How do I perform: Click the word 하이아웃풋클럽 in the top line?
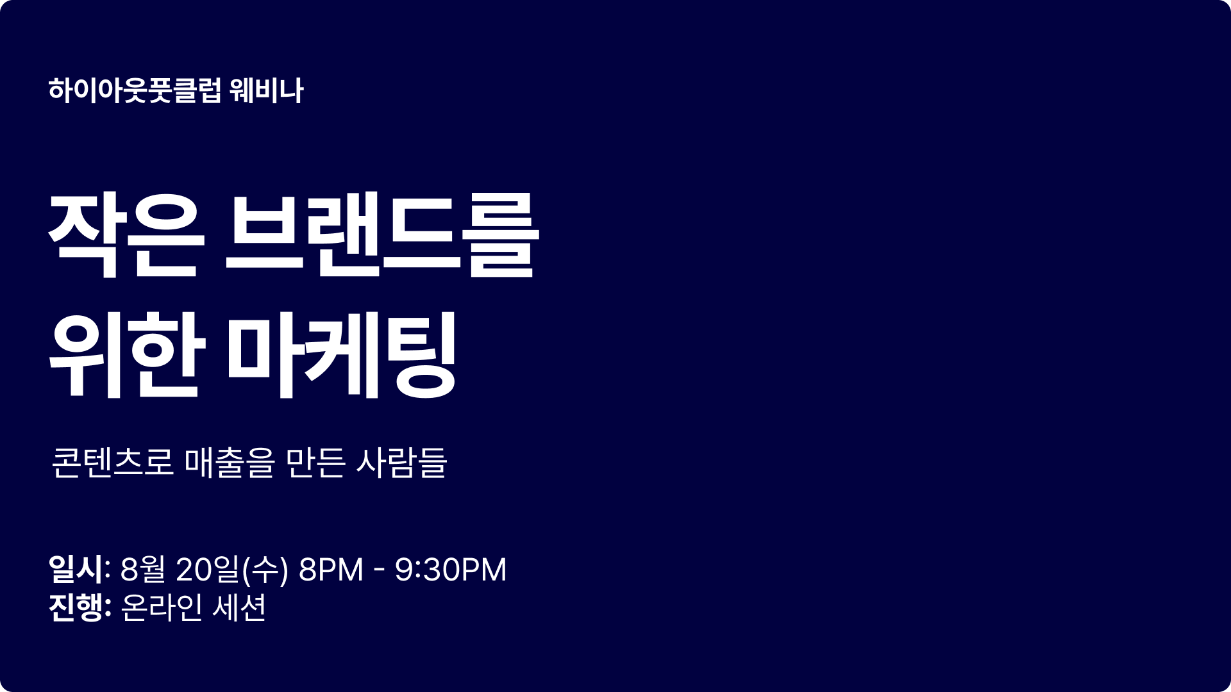click(x=135, y=90)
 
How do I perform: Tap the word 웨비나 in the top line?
click(x=266, y=90)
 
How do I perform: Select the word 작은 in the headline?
click(x=126, y=235)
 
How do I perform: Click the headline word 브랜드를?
click(x=382, y=235)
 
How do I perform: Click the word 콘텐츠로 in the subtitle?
click(x=113, y=462)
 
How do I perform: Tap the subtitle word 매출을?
click(x=230, y=462)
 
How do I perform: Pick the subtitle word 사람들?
click(x=401, y=462)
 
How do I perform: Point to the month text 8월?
click(x=143, y=569)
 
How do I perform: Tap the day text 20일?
click(x=207, y=569)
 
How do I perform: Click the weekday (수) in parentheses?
click(x=265, y=569)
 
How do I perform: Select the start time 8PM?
click(x=331, y=569)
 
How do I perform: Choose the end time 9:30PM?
click(x=451, y=569)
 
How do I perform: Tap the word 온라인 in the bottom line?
click(x=162, y=607)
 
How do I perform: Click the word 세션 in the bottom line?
click(x=239, y=607)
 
